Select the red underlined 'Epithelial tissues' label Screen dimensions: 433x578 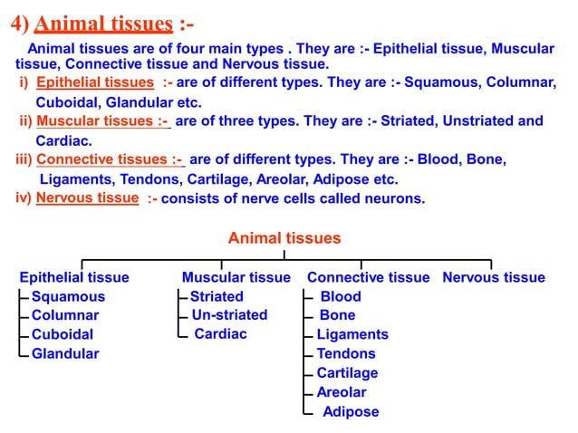(x=95, y=83)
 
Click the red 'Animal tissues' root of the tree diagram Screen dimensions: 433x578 (x=284, y=239)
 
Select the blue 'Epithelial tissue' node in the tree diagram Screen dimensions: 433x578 (x=74, y=277)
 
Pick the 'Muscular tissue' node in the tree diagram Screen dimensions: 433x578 (x=236, y=277)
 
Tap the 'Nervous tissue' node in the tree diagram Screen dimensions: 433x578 (x=494, y=277)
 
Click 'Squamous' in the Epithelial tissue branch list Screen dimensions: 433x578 (x=68, y=296)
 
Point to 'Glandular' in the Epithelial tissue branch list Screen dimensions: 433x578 (x=65, y=353)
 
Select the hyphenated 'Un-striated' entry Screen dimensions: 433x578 (x=229, y=315)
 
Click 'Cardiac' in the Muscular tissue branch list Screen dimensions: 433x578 (x=221, y=334)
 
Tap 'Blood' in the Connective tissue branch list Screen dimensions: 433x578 (x=340, y=296)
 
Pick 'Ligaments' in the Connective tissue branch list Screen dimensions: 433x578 (x=352, y=334)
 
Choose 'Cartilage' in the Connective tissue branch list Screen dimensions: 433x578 (x=347, y=373)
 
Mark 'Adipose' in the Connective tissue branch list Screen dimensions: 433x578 (x=351, y=411)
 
